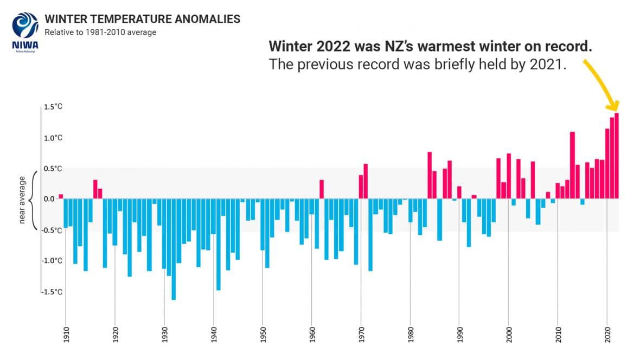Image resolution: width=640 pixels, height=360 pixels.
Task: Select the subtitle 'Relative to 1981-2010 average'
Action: click(100, 33)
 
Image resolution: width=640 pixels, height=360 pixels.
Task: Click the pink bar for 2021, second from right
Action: click(612, 158)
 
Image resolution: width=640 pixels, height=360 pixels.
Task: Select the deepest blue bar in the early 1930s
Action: click(174, 249)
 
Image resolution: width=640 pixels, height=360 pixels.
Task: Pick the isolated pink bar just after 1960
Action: click(322, 189)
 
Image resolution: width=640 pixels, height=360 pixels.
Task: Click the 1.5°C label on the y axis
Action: click(53, 107)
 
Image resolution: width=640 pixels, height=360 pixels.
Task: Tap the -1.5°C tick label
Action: click(52, 292)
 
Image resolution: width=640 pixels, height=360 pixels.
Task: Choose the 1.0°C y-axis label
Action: click(53, 138)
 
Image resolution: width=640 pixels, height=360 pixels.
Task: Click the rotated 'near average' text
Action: click(22, 200)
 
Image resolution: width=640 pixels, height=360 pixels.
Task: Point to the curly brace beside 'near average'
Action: click(34, 200)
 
